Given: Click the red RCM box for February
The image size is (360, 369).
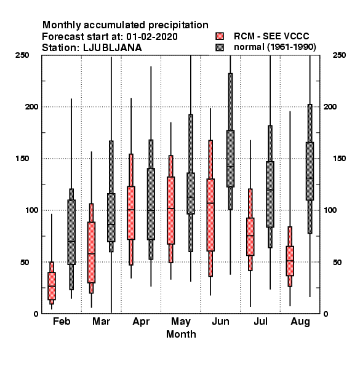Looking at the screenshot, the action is (52, 286).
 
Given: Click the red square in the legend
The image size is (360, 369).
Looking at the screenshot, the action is (220, 36).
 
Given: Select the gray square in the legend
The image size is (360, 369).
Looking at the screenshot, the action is (220, 47).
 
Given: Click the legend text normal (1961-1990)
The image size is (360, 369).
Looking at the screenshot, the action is (274, 47).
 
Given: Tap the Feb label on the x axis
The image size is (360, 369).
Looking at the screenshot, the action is (62, 321).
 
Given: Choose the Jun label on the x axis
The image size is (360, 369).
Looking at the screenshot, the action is (220, 321).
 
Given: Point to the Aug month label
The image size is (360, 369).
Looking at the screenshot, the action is (300, 322).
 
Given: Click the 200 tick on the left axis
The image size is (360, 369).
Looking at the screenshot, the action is (31, 106).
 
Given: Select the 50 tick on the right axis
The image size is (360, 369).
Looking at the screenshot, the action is (337, 262).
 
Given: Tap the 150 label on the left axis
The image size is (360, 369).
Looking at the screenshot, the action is (22, 159).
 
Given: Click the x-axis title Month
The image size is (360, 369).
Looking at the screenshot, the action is (181, 334).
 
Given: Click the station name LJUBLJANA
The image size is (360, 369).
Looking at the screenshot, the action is (113, 48).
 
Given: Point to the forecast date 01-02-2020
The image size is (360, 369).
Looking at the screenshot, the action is (152, 36).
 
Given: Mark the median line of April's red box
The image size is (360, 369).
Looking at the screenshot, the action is (131, 210).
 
